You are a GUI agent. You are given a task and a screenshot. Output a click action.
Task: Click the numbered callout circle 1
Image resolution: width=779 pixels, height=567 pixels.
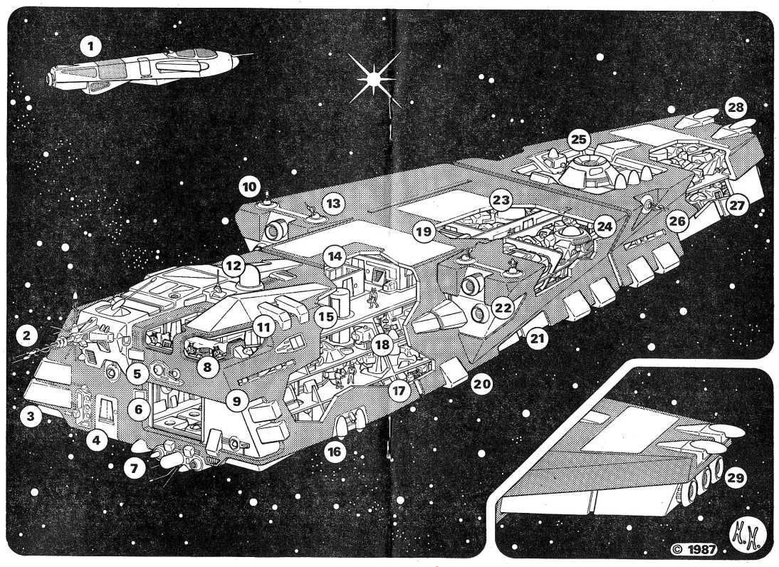coord(90,47)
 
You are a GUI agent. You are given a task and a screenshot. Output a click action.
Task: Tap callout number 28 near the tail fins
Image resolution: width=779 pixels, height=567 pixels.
coord(736,108)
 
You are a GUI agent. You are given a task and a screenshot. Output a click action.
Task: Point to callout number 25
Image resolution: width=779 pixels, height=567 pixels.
coord(578,138)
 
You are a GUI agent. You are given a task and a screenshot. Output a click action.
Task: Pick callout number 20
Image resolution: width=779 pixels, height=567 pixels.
coord(482,384)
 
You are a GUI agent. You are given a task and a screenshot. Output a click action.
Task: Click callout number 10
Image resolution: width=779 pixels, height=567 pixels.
coord(249,187)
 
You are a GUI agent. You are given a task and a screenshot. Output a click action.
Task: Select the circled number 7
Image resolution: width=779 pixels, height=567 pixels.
coord(132,468)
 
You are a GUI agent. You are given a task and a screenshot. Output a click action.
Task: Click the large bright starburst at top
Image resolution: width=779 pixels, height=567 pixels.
coord(372,80)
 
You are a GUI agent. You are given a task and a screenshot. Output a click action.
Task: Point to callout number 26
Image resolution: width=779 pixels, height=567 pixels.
coord(676,222)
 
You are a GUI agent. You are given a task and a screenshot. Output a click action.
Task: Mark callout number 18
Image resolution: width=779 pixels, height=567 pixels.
coord(382,345)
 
